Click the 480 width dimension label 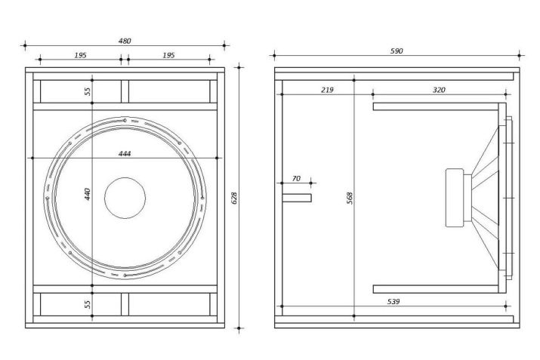tap(125, 41)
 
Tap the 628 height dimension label tap(234, 198)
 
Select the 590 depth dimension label tap(397, 51)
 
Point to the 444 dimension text tap(125, 153)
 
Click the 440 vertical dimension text tap(88, 194)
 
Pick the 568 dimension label tap(350, 198)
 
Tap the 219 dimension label tap(327, 90)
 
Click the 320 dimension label tap(439, 90)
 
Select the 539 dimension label tap(393, 301)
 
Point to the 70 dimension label tap(296, 179)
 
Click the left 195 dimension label tap(80, 55)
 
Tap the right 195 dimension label tap(168, 55)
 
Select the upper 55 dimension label tap(88, 91)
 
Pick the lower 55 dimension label tap(88, 304)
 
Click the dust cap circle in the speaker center tap(125, 198)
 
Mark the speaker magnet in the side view tap(455, 198)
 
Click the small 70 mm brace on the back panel tap(297, 198)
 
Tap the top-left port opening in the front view tap(81, 91)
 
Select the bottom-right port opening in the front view tap(169, 304)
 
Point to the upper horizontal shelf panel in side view tap(436, 106)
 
